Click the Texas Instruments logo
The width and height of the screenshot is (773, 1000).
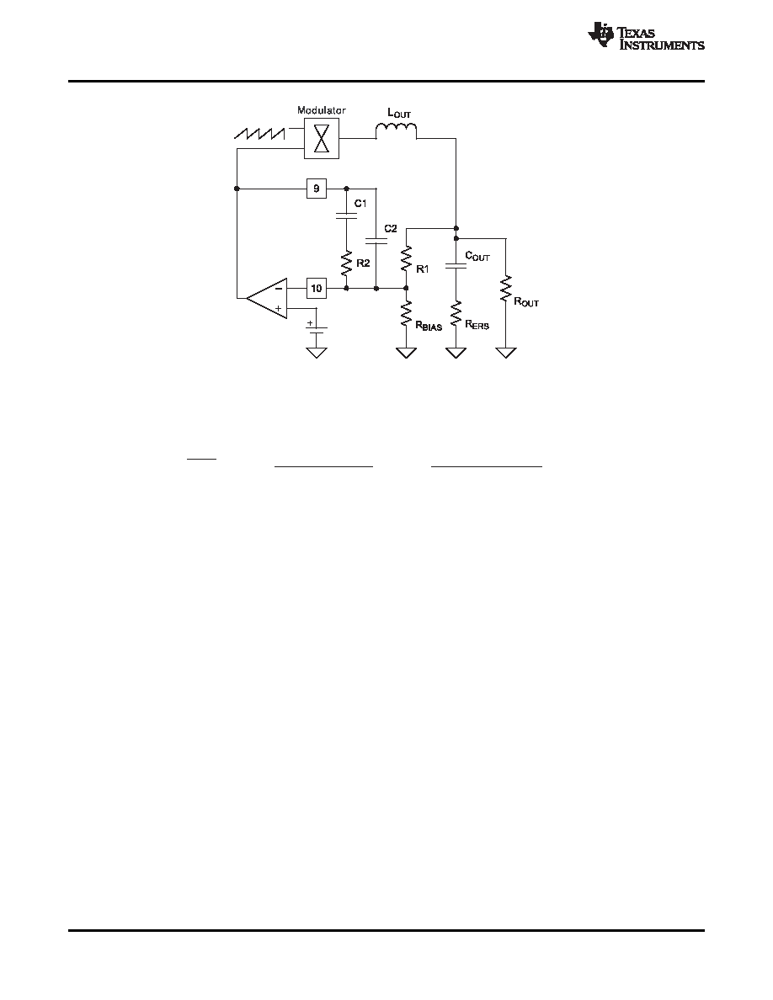[x=646, y=36]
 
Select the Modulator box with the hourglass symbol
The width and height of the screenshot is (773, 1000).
[x=322, y=138]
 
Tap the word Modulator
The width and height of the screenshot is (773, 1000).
[x=322, y=110]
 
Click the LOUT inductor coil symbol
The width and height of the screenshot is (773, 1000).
[x=396, y=130]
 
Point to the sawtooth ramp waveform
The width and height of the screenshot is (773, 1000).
[x=259, y=133]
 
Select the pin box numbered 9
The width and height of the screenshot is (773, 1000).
[x=317, y=189]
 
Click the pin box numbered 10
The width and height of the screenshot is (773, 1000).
[x=317, y=288]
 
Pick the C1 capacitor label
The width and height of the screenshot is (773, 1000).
[x=361, y=204]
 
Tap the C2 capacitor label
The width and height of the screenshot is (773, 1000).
[x=391, y=228]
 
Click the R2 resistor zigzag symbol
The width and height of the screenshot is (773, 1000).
[x=346, y=263]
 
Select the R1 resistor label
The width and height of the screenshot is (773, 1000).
[x=422, y=269]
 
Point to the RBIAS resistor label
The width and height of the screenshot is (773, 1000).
[x=429, y=326]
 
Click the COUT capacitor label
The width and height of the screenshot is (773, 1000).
[x=477, y=257]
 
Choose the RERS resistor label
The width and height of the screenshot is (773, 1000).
[x=477, y=325]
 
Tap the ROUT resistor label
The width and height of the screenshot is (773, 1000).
[x=526, y=301]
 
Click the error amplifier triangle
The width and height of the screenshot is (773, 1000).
[x=267, y=298]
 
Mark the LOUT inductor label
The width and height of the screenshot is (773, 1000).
[x=399, y=113]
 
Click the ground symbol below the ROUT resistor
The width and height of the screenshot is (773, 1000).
[x=506, y=353]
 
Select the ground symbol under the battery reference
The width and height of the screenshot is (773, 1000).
[x=317, y=353]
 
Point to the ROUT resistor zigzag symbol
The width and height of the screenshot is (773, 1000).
[x=506, y=289]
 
